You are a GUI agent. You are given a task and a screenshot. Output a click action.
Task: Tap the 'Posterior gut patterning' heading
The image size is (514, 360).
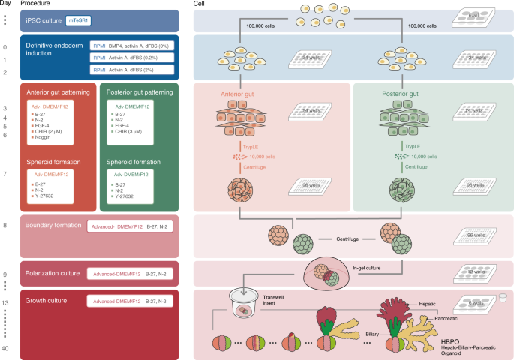coord(143,92)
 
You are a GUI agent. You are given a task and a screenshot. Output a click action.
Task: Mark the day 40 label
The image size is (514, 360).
coord(7,347)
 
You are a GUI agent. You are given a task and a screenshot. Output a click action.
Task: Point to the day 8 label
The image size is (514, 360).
coord(6,224)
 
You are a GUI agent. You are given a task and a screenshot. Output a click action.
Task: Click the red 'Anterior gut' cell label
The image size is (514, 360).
coord(238,96)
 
